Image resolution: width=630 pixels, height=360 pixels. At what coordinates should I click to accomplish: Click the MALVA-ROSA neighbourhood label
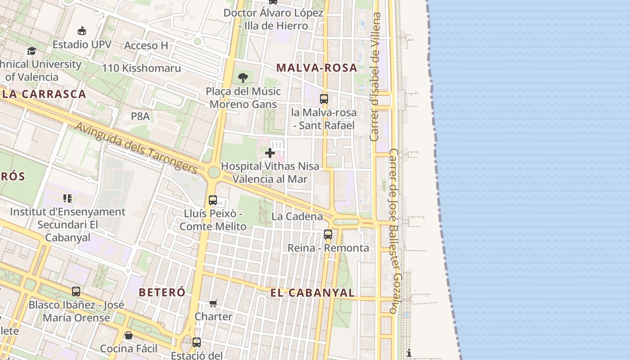tap(317, 68)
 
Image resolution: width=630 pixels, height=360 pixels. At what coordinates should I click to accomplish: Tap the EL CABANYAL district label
tap(312, 292)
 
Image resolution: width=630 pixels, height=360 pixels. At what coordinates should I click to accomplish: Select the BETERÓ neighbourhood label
tap(162, 292)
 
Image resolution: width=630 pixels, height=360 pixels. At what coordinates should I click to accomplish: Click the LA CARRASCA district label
tap(44, 94)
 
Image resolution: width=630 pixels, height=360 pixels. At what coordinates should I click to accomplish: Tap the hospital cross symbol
tap(270, 153)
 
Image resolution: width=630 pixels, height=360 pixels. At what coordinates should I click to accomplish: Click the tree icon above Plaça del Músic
tap(243, 78)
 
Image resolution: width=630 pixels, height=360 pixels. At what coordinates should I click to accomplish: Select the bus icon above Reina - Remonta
tap(328, 234)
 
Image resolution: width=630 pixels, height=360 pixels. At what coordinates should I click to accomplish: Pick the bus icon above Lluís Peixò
tap(213, 200)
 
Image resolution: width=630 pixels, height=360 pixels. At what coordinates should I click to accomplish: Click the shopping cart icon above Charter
tap(213, 304)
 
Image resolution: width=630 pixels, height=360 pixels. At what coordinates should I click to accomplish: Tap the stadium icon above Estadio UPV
tap(82, 31)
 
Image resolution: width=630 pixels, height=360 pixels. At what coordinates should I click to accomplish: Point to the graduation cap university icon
tap(31, 51)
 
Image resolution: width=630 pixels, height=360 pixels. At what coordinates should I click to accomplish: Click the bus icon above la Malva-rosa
tap(324, 99)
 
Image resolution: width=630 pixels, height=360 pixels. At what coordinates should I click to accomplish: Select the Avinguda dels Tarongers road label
tap(136, 148)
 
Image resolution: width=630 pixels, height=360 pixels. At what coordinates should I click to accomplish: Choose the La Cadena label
tap(297, 216)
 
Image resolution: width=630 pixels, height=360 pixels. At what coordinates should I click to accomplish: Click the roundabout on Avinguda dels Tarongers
tap(214, 172)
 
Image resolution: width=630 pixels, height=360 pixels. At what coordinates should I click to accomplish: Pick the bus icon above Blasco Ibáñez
tap(76, 292)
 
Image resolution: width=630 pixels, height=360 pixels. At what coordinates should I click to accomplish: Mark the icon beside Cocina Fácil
tap(129, 336)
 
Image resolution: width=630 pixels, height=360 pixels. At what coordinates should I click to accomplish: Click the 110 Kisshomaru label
tap(141, 68)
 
